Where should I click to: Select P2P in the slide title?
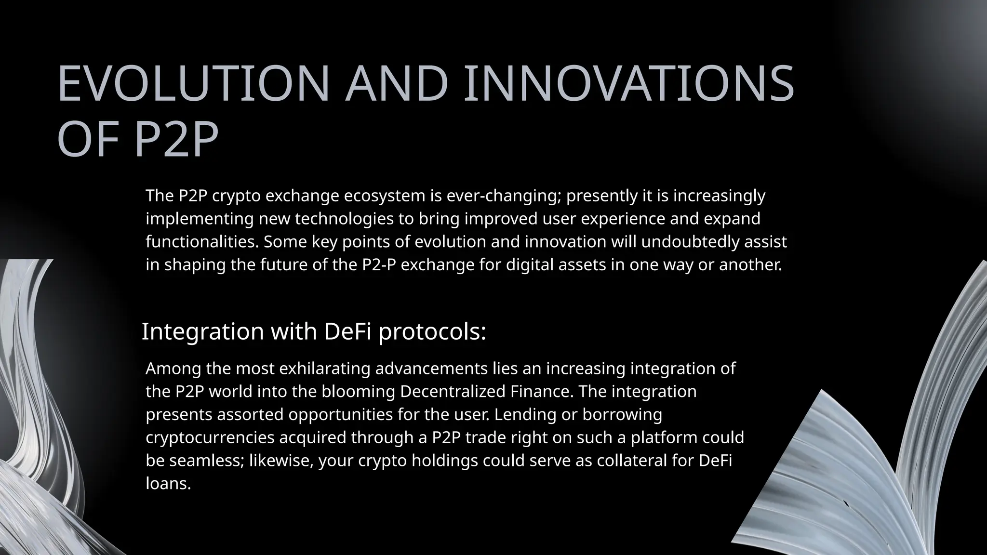point(175,140)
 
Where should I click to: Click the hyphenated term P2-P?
point(379,264)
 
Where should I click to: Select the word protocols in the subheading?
point(432,331)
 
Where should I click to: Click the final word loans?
point(168,483)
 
